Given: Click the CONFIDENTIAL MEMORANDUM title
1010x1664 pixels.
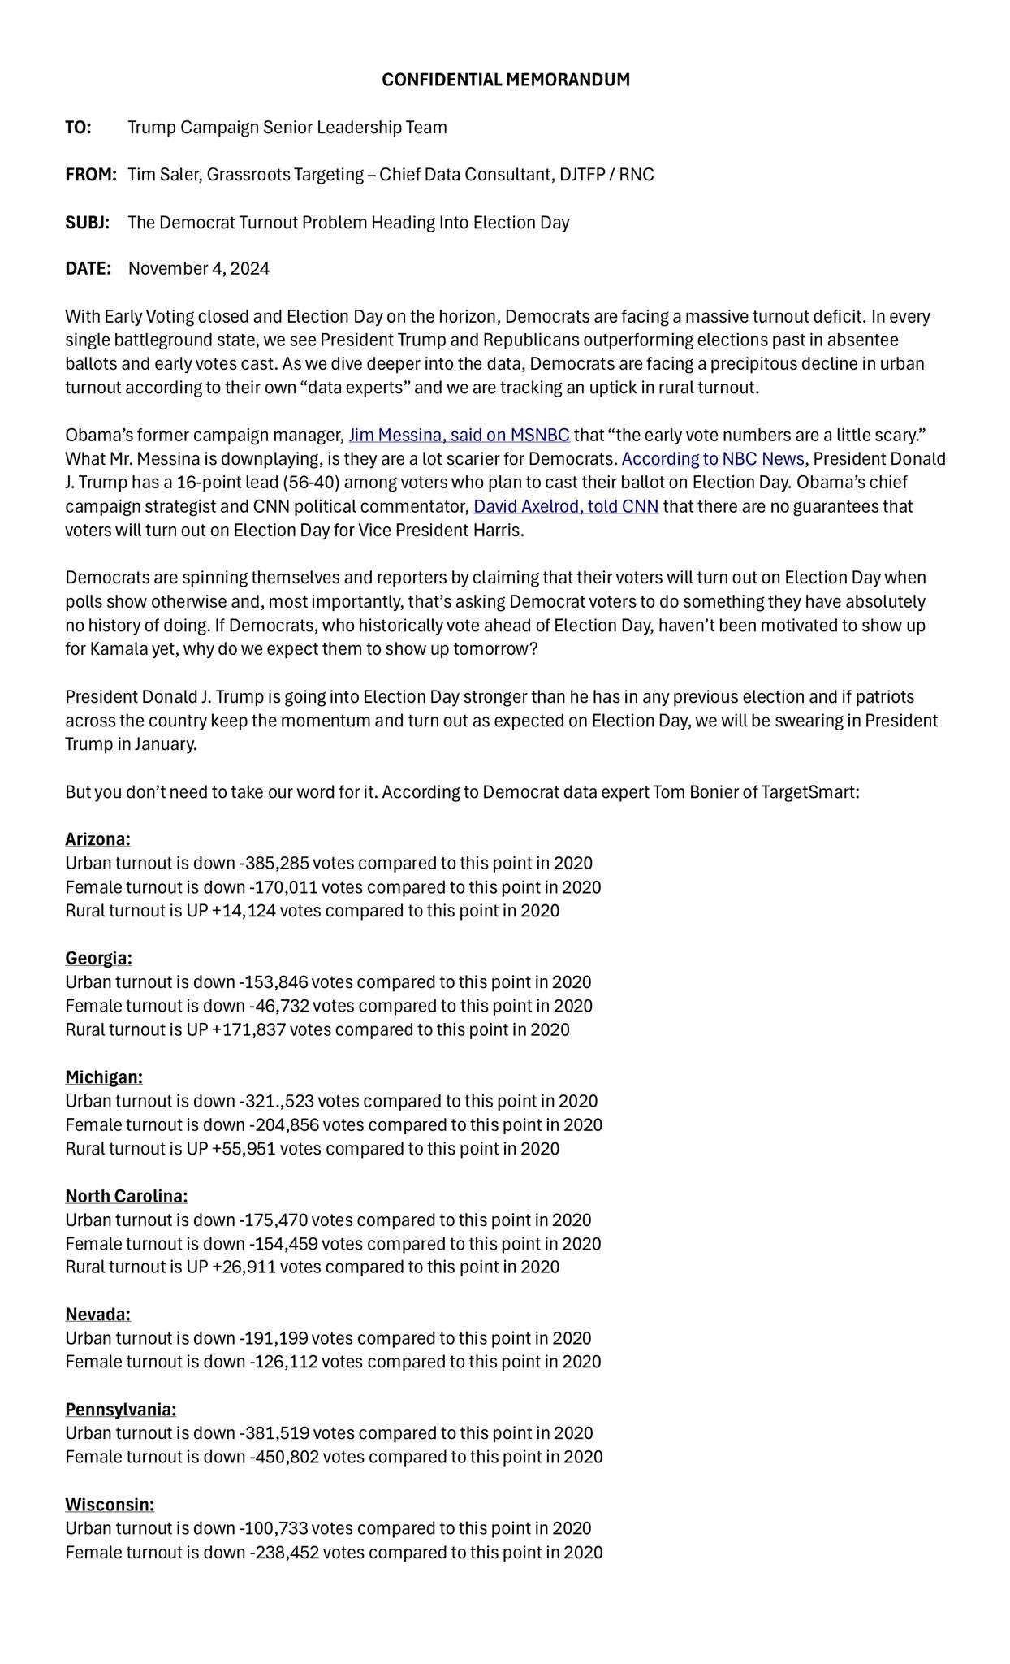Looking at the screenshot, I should click(505, 80).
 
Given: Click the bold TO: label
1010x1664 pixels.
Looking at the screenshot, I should click(78, 128).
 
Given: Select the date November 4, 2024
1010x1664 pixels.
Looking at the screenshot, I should click(199, 269).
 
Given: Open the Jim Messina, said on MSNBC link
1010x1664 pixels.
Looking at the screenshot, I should click(459, 435).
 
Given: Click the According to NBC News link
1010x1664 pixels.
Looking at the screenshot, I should click(713, 459).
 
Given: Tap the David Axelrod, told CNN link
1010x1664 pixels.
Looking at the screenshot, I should click(566, 507).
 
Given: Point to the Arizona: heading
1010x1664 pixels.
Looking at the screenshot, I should click(97, 838).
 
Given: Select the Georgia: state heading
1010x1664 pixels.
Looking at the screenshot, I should click(98, 958).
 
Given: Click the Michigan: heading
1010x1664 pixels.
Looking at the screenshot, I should click(104, 1077).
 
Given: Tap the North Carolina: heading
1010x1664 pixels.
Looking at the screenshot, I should click(126, 1196).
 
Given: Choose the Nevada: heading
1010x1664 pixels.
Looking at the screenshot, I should click(97, 1315).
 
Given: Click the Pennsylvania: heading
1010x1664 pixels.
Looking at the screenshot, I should click(120, 1409).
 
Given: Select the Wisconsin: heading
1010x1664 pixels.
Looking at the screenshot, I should click(110, 1505).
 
